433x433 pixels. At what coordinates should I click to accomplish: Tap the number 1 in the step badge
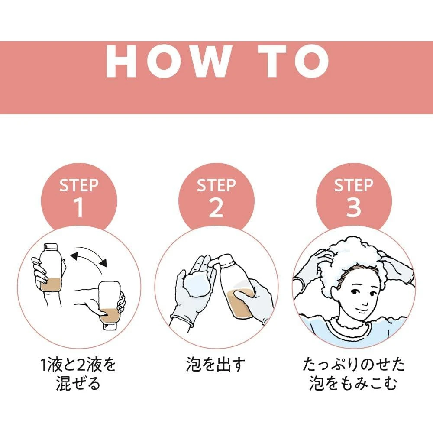pos(79,207)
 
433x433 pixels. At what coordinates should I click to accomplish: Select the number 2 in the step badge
pos(216,207)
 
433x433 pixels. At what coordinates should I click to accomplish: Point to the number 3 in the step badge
pos(354,207)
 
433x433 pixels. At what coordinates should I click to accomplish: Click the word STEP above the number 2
pos(216,185)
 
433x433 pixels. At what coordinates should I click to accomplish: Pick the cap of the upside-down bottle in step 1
pos(110,326)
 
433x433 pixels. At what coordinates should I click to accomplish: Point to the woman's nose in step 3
pos(365,302)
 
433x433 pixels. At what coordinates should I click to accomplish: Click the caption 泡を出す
pos(216,364)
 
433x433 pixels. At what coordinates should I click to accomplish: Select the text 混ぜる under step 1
pos(78,383)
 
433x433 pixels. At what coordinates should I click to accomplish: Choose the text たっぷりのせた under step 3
pos(353,364)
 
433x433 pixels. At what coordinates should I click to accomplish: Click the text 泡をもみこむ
pos(353,383)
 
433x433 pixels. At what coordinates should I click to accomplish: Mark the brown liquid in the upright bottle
pos(51,284)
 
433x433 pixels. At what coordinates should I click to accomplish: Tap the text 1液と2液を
pos(78,364)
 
